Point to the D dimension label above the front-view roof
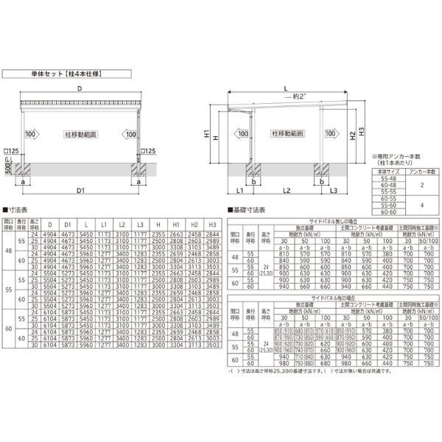click(x=79, y=89)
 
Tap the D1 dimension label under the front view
click(x=79, y=192)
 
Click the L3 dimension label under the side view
click(x=334, y=192)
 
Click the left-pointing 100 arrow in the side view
click(x=239, y=135)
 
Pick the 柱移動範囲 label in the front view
click(x=80, y=135)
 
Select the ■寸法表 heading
click(x=17, y=211)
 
